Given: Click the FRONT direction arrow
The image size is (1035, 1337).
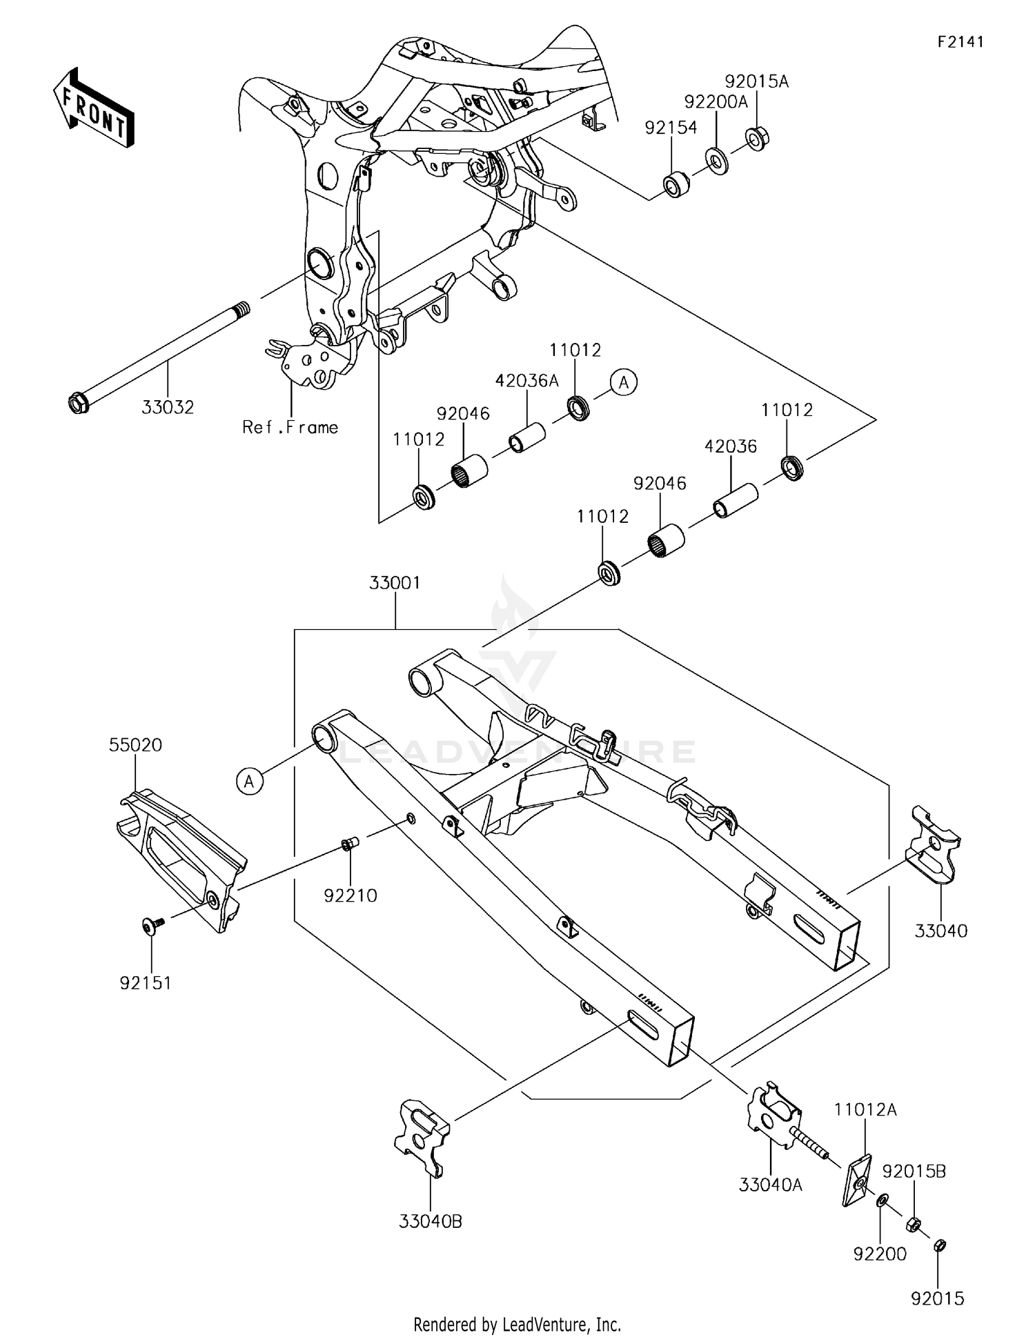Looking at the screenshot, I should pyautogui.click(x=92, y=109).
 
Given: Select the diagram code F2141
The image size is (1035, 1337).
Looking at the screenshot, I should pyautogui.click(x=960, y=42).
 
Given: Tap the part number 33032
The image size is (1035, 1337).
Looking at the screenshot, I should pyautogui.click(x=168, y=407).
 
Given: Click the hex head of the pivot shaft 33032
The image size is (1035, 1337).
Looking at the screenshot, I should pyautogui.click(x=77, y=403).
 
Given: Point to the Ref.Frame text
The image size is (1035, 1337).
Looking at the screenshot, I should pyautogui.click(x=290, y=427).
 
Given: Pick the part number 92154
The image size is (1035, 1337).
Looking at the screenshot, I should pyautogui.click(x=671, y=128).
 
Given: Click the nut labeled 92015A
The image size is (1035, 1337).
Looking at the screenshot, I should pyautogui.click(x=758, y=139).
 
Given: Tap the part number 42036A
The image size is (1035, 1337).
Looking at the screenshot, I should pyautogui.click(x=526, y=381).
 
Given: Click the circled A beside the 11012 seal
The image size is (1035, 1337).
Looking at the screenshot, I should pyautogui.click(x=624, y=382).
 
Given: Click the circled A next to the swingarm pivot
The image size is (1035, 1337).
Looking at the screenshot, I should pyautogui.click(x=250, y=782).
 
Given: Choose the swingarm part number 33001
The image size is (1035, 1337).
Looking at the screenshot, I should pyautogui.click(x=395, y=583).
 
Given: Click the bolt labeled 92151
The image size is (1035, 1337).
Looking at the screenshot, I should pyautogui.click(x=150, y=926).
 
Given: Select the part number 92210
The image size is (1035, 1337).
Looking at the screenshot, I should pyautogui.click(x=351, y=895).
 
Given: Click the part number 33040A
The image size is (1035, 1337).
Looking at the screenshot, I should pyautogui.click(x=771, y=1185).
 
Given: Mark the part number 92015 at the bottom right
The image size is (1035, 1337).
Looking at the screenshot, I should pyautogui.click(x=937, y=1298).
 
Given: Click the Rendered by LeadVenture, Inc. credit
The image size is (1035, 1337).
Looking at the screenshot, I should pyautogui.click(x=517, y=1324).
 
